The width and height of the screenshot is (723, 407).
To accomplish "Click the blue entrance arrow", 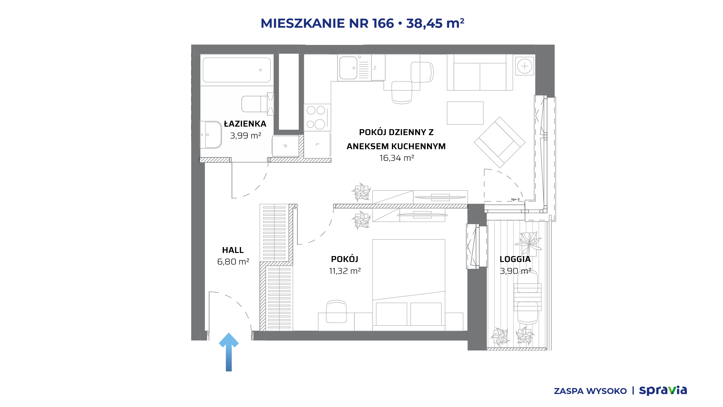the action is tap(229, 352).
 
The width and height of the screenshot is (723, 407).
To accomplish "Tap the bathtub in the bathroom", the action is tap(237, 70).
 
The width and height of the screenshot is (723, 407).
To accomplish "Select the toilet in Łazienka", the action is tap(257, 104).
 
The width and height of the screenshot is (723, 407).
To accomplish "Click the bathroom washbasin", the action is tap(211, 135).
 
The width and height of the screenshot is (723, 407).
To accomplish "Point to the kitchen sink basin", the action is tap(348, 68).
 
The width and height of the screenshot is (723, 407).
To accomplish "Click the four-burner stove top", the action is tap(317, 117).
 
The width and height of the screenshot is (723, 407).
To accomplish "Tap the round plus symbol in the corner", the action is tap(524, 66).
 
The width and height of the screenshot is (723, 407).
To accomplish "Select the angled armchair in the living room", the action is tap(499, 142).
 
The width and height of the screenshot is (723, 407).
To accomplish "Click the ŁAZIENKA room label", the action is tap(245, 124).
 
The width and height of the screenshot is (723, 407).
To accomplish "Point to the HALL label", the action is tap(233, 250).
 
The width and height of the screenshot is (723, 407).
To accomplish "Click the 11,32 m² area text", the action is tap(345, 271).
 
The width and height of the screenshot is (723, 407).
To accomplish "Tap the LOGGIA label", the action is tap(515, 259).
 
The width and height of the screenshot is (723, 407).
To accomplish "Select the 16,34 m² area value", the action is tap(397, 158).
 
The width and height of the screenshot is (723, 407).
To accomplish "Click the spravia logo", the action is tap(663, 390).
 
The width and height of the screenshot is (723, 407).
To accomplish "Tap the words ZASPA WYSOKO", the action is tap(590, 391).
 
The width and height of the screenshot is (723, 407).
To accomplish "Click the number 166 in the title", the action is tap(383, 23).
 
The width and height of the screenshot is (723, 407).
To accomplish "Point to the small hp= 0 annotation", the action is tap(515, 199).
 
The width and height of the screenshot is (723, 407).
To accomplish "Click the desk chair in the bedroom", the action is tap(336, 311).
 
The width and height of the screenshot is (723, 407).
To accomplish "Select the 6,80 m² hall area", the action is tap(233, 262).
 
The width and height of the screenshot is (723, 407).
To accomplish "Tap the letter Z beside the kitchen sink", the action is tap(375, 68).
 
